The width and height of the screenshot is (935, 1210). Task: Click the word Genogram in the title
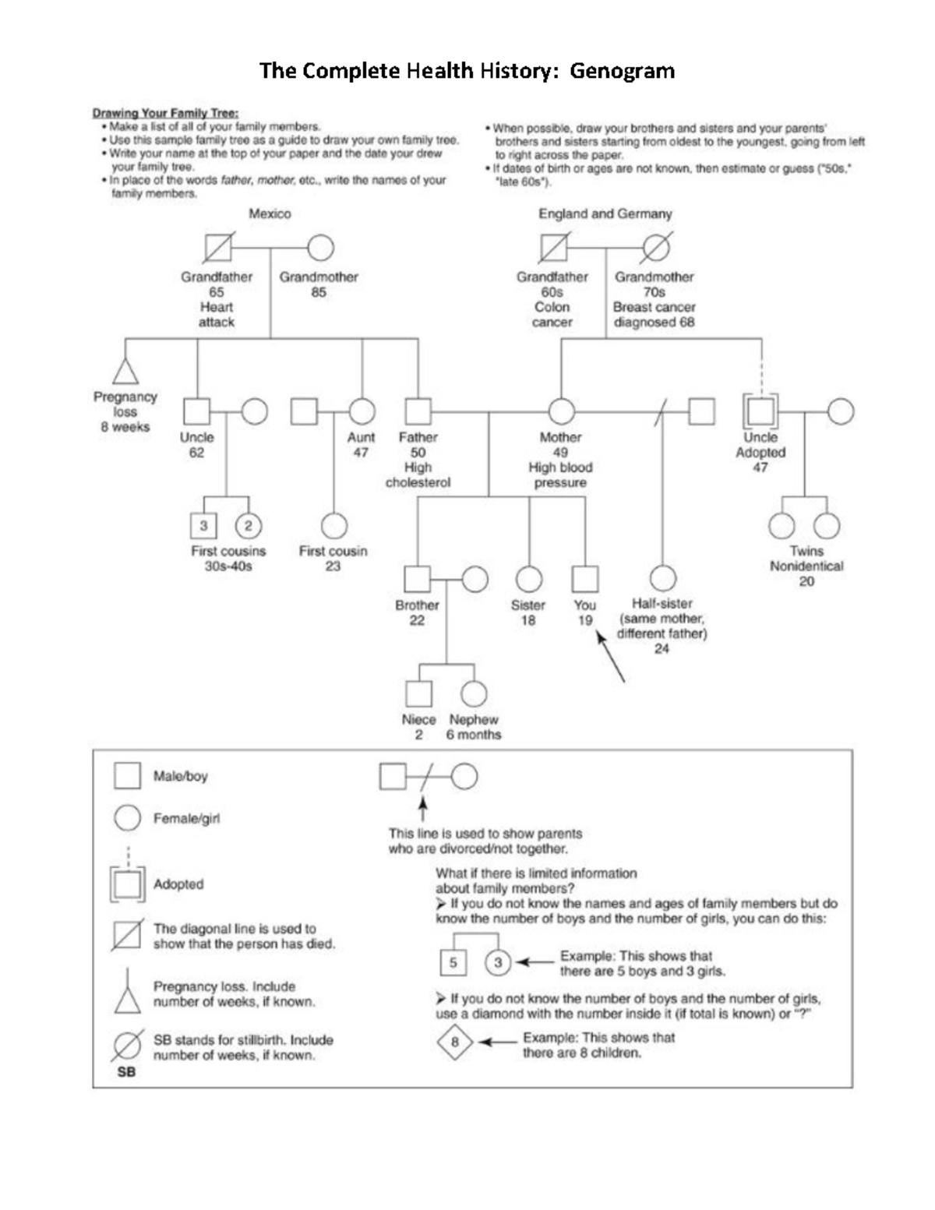point(622,72)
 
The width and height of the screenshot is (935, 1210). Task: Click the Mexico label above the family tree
point(270,213)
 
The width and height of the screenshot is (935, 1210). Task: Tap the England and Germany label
point(605,213)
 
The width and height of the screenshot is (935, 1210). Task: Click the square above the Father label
point(418,411)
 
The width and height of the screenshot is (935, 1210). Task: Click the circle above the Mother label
point(561,411)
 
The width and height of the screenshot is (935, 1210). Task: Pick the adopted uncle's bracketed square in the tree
point(761,411)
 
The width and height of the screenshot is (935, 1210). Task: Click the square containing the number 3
point(203,526)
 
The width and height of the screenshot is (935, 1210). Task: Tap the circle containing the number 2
point(249,526)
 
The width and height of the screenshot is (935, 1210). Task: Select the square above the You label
point(584,579)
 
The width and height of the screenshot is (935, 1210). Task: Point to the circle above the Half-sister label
point(662,579)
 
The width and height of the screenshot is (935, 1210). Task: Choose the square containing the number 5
point(453,963)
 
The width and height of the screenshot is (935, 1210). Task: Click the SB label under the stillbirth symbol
point(126,1072)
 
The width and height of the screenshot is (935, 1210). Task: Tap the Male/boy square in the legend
point(128,776)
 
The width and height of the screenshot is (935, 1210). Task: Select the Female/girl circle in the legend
point(128,818)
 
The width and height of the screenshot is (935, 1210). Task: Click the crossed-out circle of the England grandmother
point(656,249)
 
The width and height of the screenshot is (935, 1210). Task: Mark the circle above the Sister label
point(528,579)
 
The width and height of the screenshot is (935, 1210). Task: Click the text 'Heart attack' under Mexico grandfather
point(217,315)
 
